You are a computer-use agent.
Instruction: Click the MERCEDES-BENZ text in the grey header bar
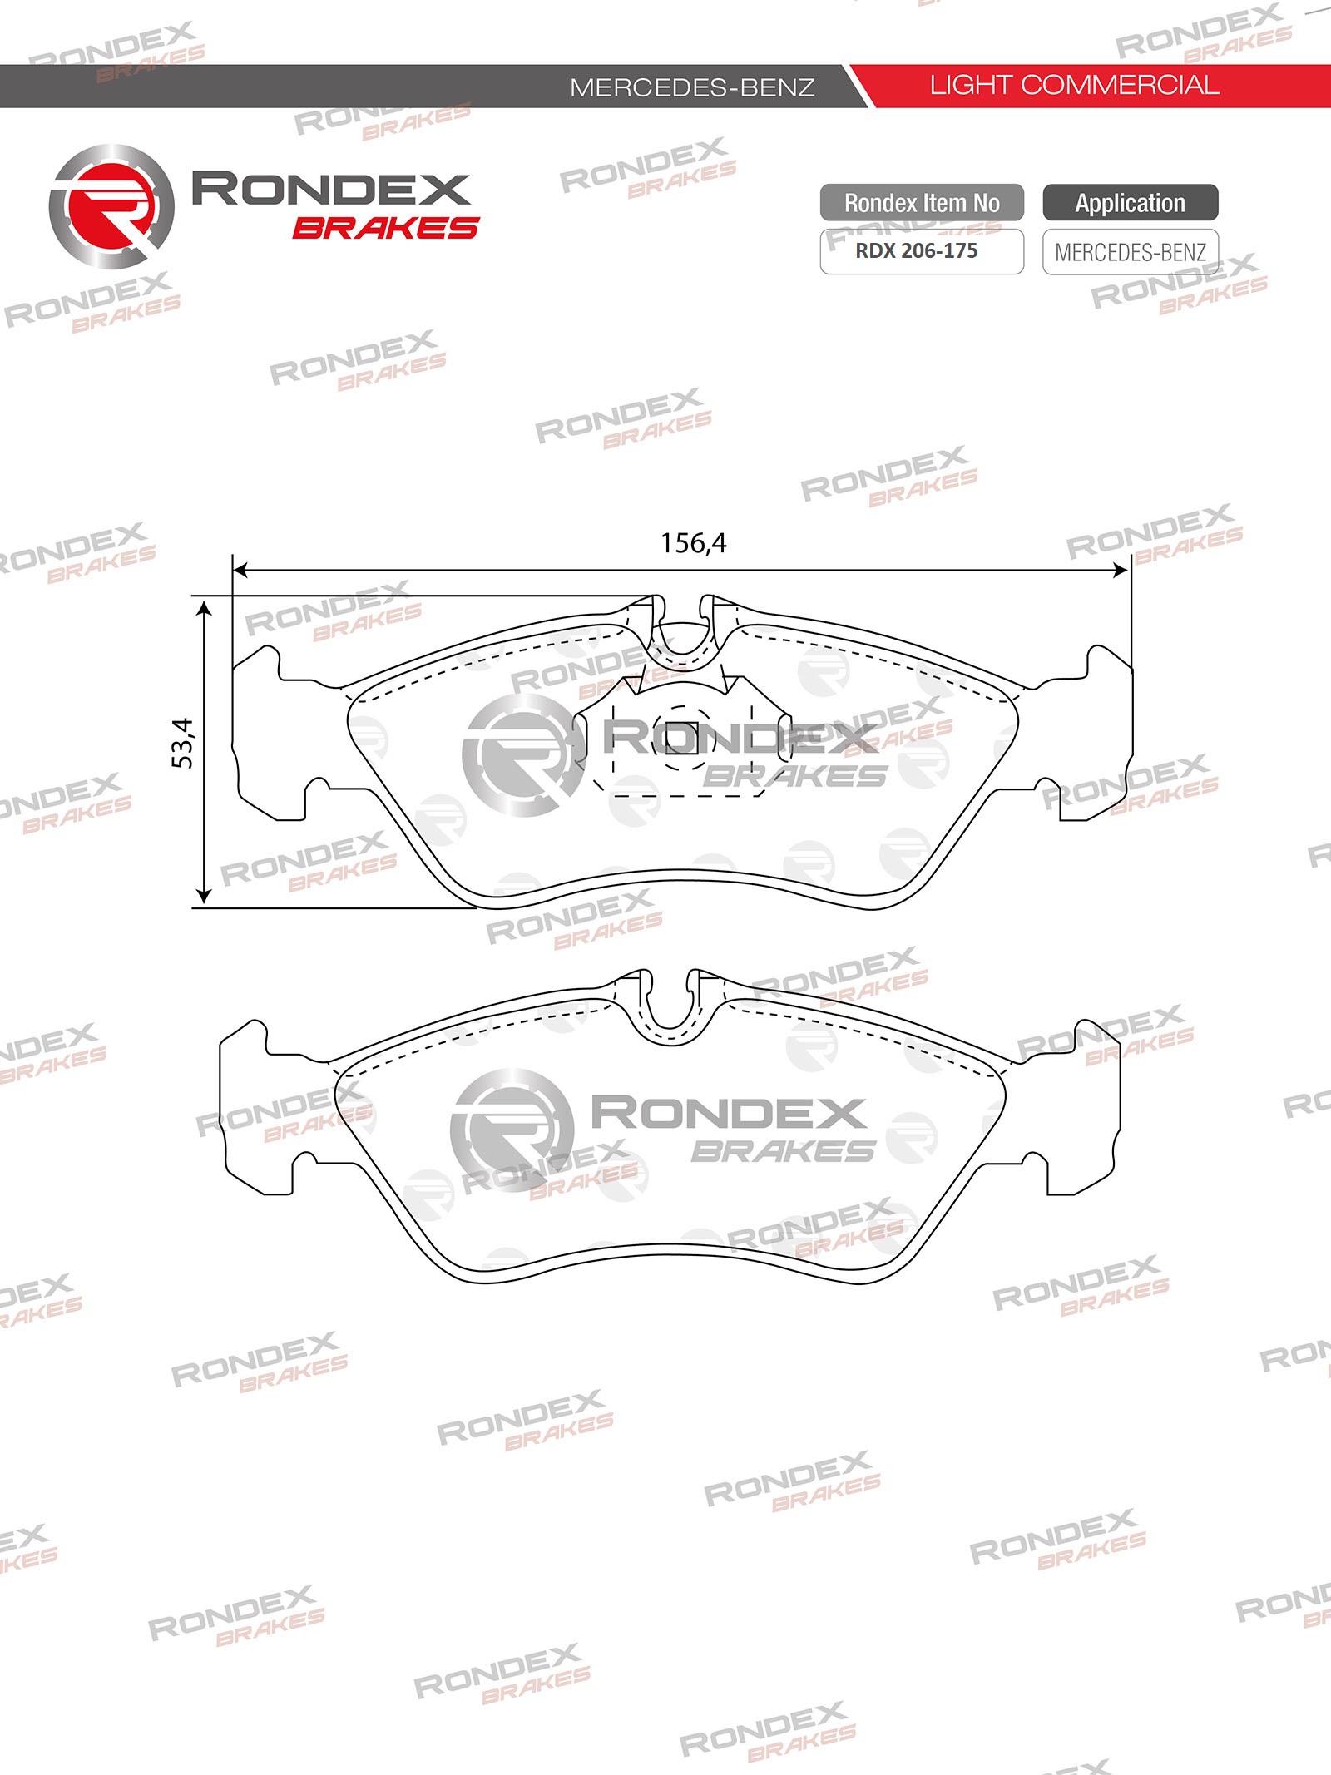point(692,87)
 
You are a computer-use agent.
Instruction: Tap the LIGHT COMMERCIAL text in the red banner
point(1074,85)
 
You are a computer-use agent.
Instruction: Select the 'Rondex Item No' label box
point(922,203)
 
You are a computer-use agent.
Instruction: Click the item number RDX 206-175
point(917,250)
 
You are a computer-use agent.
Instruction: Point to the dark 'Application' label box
point(1131,203)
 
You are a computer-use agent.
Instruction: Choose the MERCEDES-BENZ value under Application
point(1131,252)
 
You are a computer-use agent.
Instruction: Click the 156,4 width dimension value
point(693,543)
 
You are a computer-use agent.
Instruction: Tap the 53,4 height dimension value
point(182,743)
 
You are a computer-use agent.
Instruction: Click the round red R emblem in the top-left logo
point(111,207)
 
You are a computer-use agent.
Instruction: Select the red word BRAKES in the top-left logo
point(386,228)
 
